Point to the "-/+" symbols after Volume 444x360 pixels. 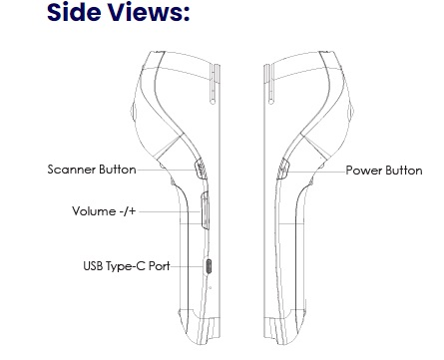coord(129,211)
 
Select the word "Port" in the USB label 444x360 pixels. coord(162,266)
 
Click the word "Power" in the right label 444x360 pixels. coord(361,170)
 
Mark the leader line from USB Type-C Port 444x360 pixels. coord(191,266)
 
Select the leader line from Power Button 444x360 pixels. coord(314,170)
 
